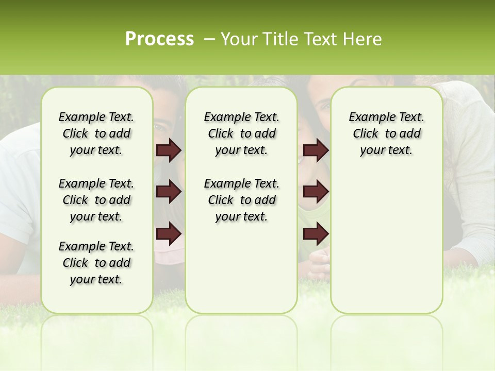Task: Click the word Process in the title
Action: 159,39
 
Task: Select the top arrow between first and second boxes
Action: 169,150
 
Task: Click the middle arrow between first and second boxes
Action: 169,192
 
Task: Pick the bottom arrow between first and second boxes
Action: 169,234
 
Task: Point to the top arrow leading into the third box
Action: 316,150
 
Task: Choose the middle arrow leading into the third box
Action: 316,192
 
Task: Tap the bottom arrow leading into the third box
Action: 316,234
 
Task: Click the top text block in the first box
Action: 96,133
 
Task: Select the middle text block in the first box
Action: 96,200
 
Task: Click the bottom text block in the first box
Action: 96,263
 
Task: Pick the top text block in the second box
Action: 242,133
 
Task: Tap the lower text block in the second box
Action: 242,200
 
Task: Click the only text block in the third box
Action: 387,133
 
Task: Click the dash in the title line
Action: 209,39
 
